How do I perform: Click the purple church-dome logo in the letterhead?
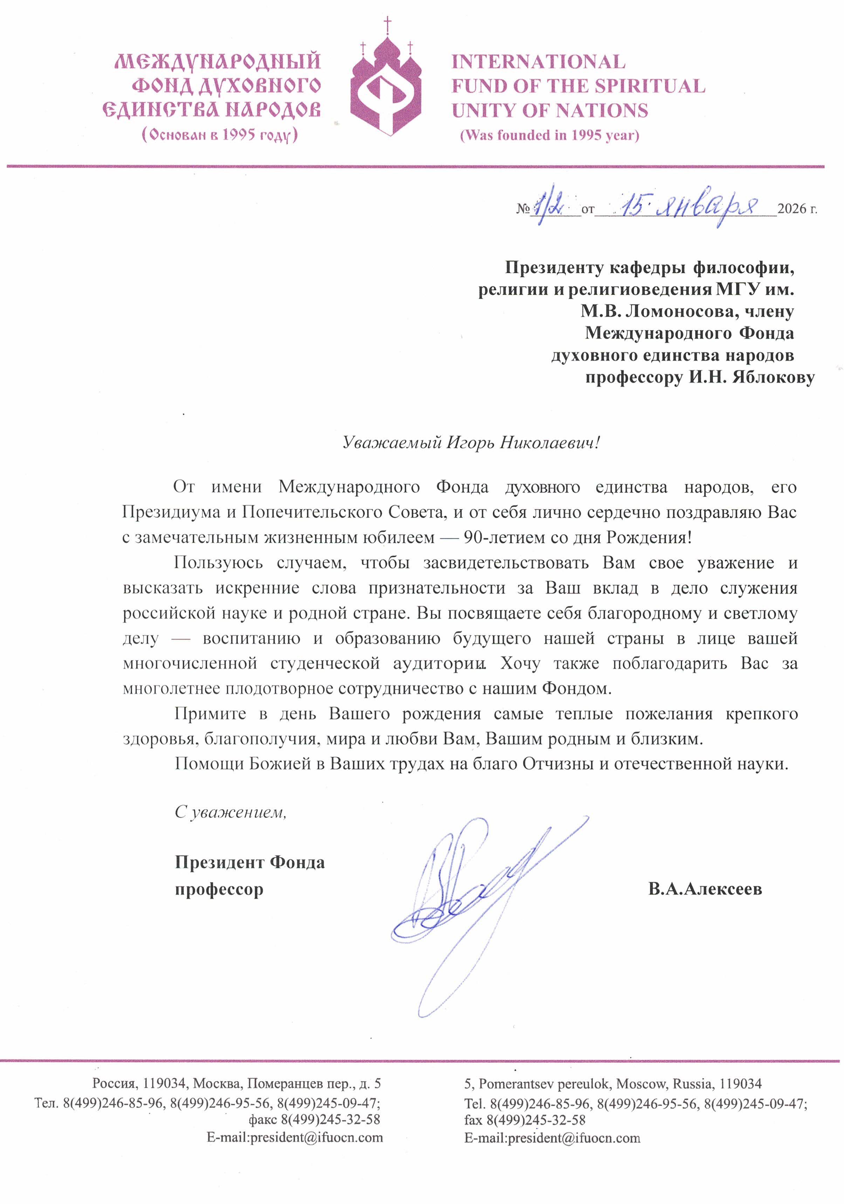pyautogui.click(x=386, y=87)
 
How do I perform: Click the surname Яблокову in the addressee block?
pyautogui.click(x=773, y=378)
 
